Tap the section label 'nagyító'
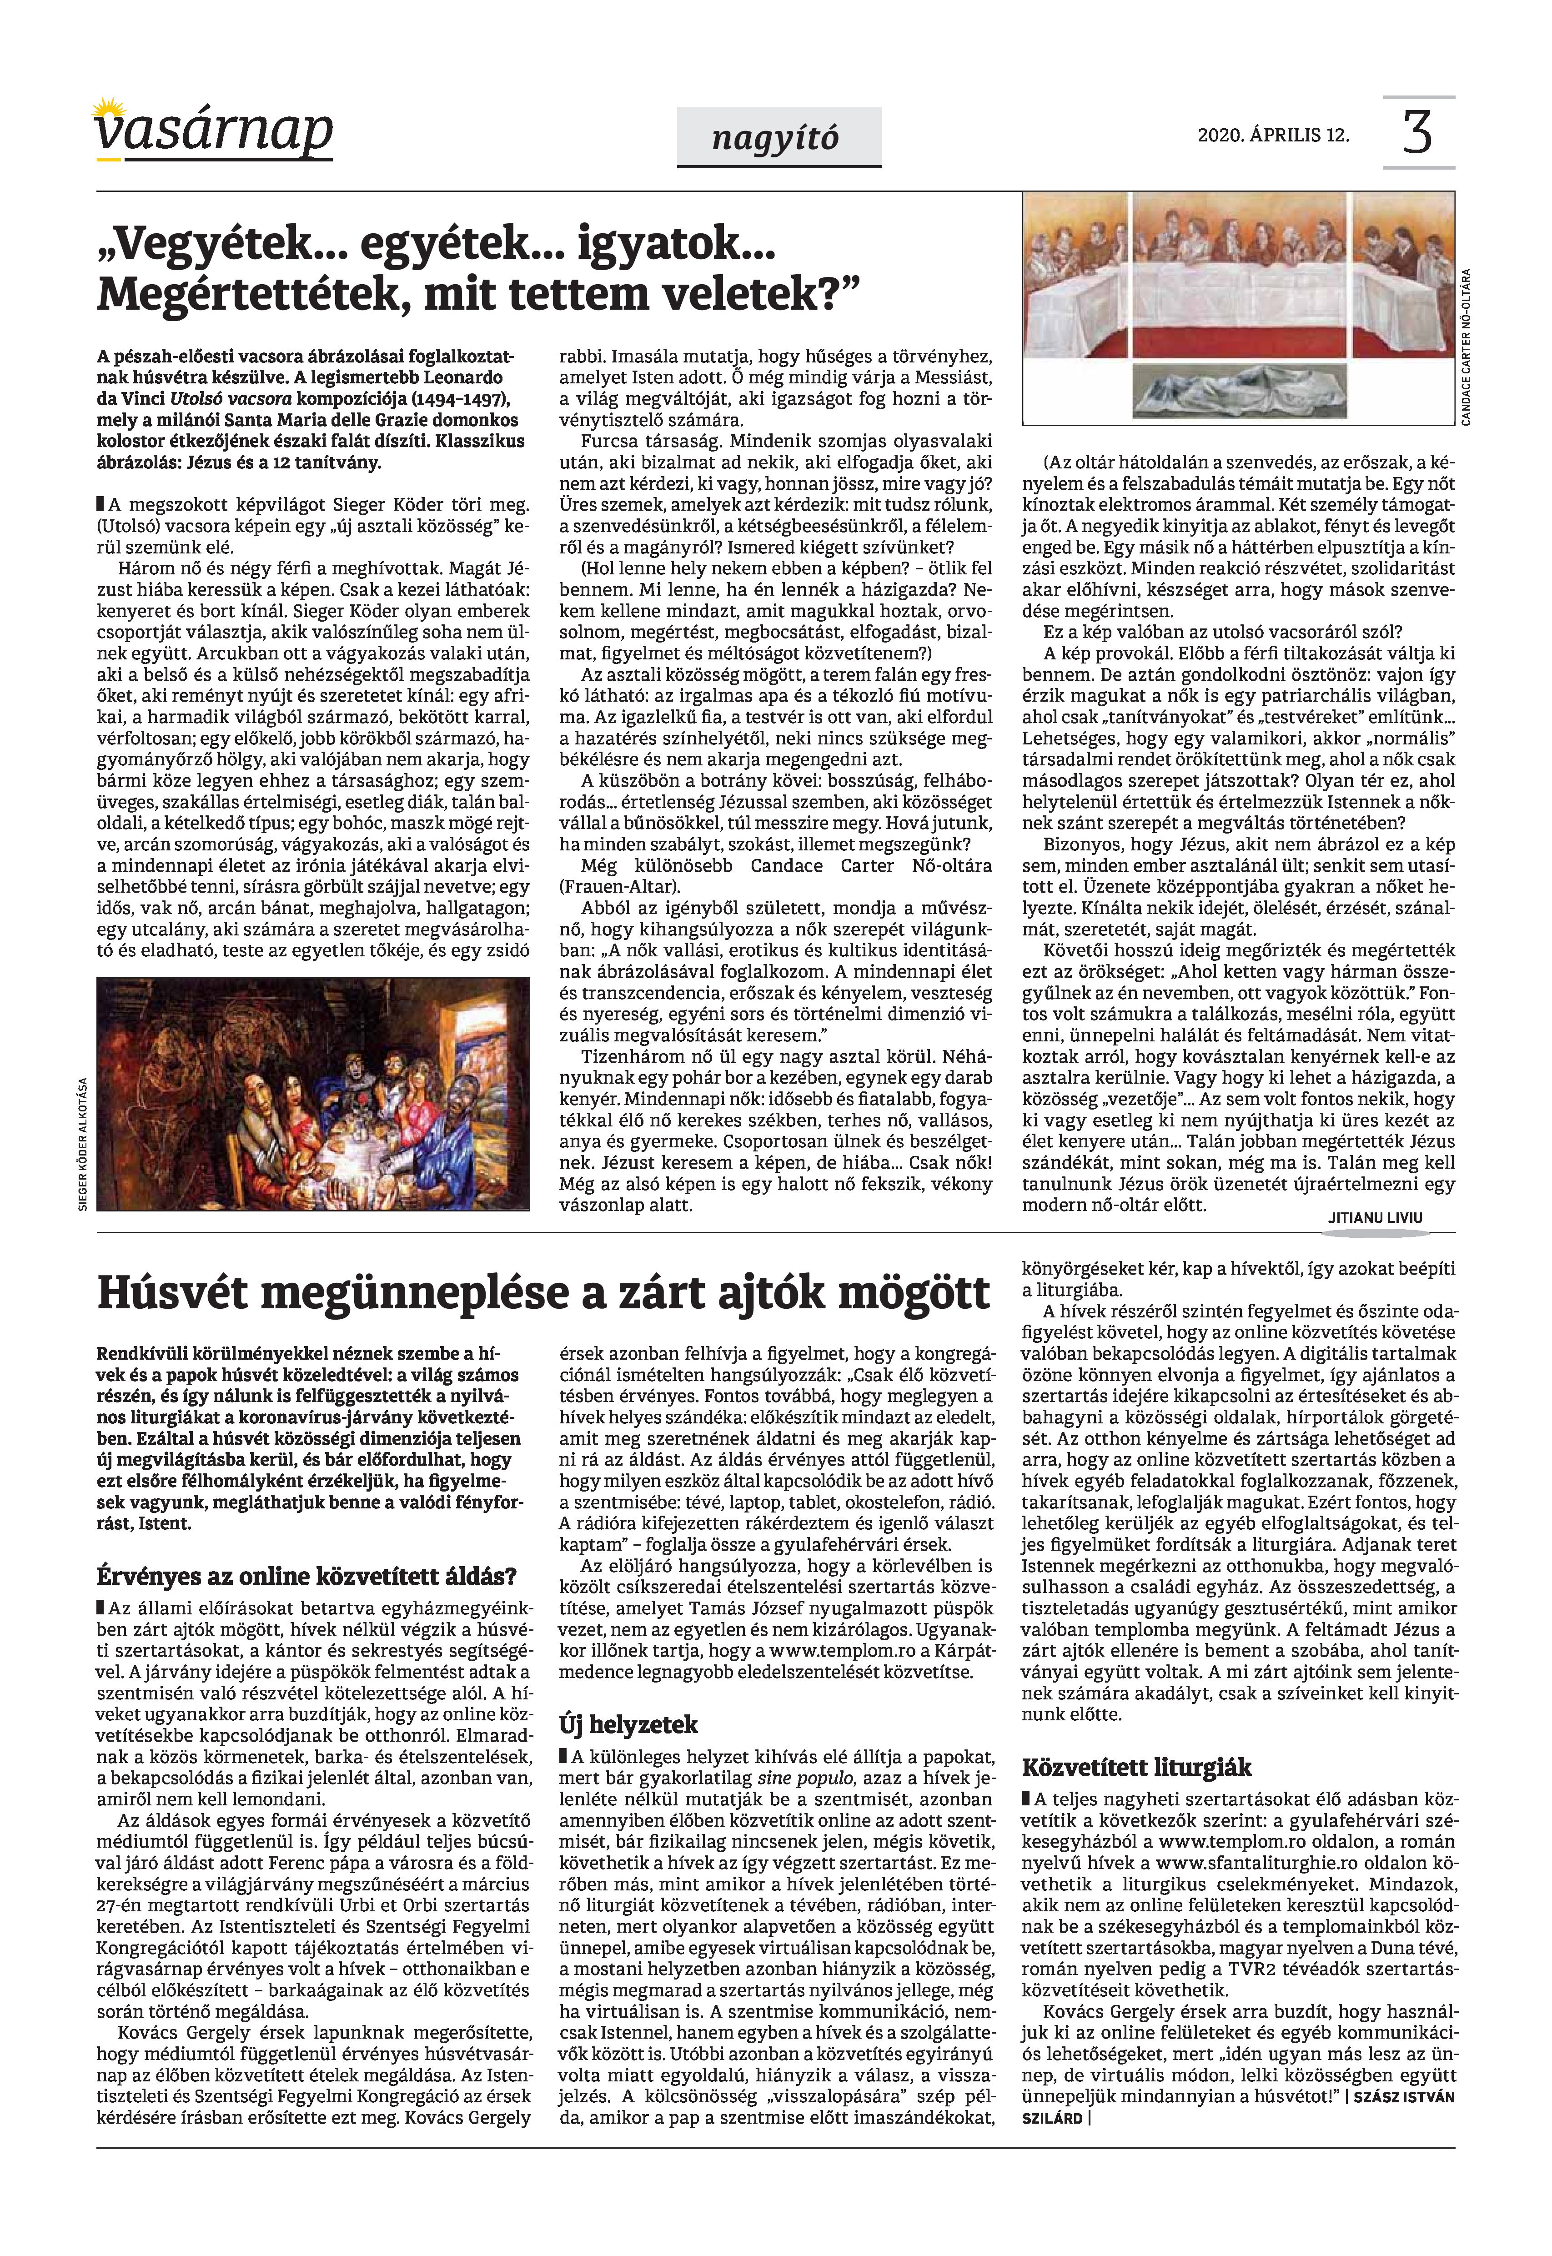pos(775,138)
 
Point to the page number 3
pos(1417,133)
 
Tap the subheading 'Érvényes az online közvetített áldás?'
pos(306,1575)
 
